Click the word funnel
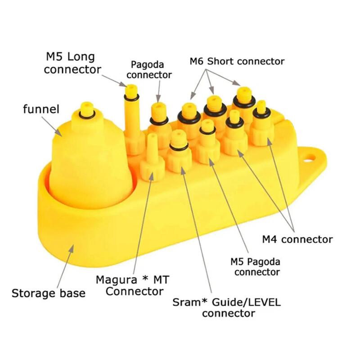(41, 109)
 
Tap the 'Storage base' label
(49, 293)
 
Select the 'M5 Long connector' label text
(72, 63)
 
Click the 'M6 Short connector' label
(237, 61)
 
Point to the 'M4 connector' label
(297, 239)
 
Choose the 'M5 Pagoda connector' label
(255, 267)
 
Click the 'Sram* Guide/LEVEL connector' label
(227, 307)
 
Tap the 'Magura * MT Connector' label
(132, 285)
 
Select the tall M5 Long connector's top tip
(131, 86)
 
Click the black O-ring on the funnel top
(86, 114)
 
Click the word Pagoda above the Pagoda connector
(147, 64)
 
